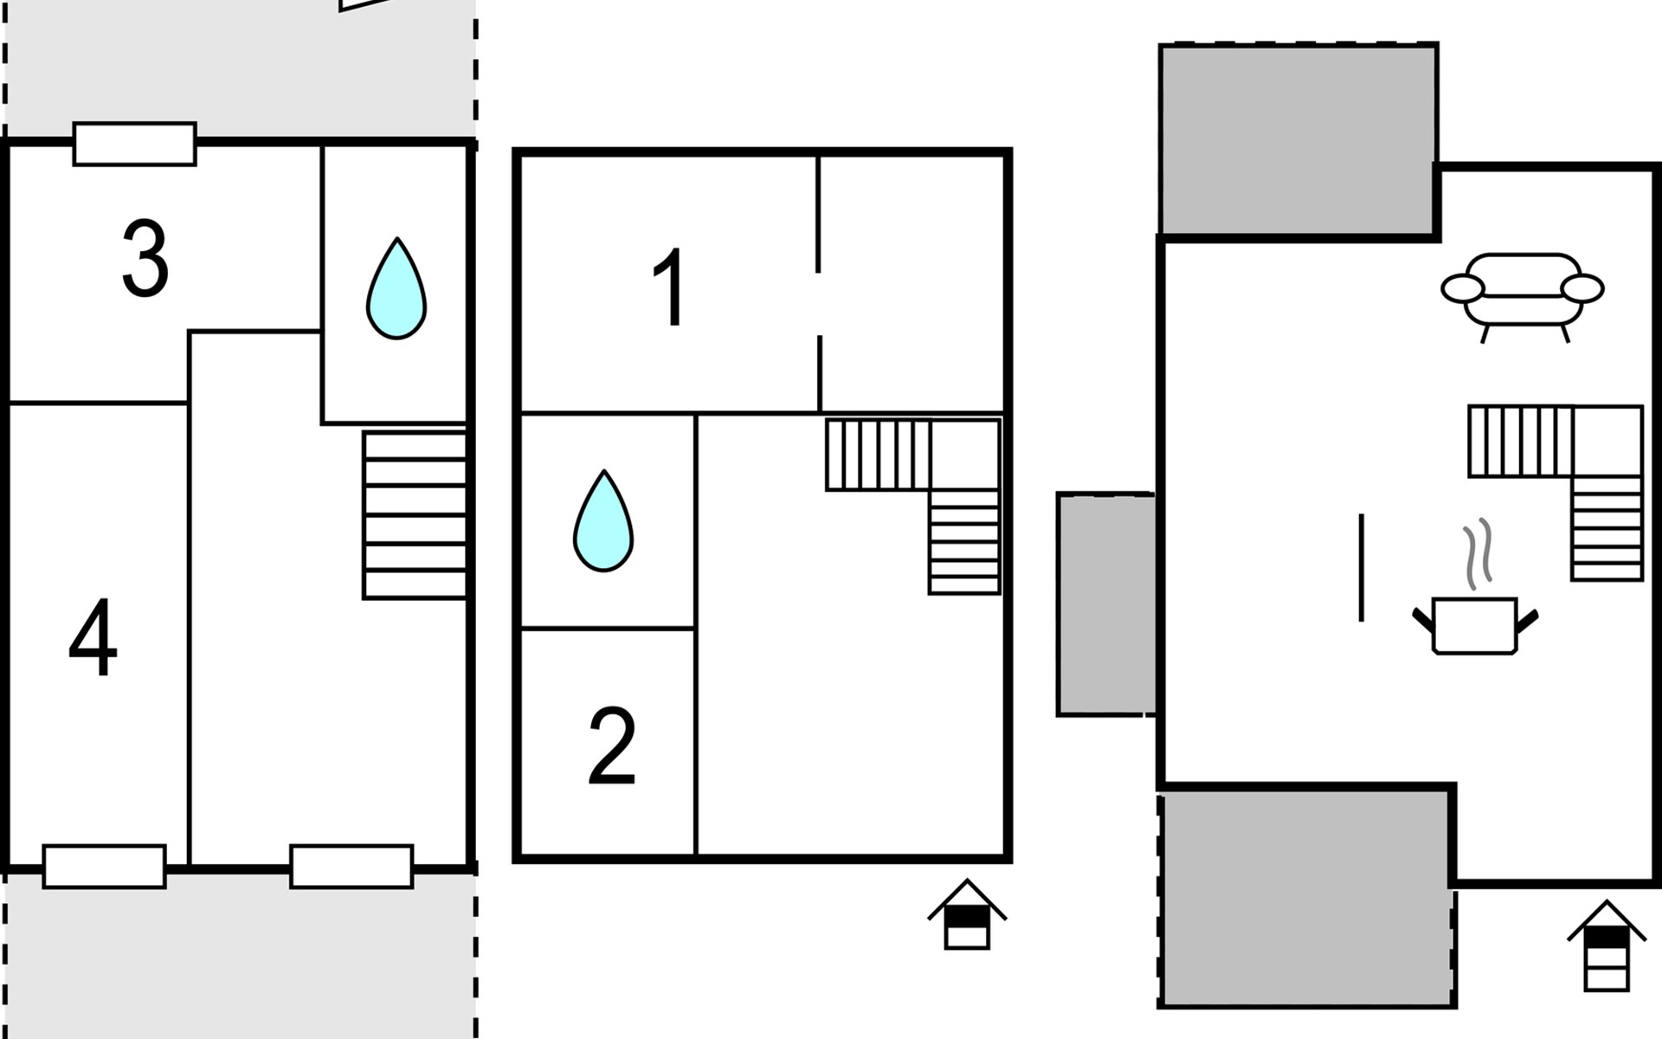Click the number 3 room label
pyautogui.click(x=145, y=258)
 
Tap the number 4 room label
pyautogui.click(x=93, y=637)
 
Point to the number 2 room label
pyautogui.click(x=612, y=745)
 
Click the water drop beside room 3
pyautogui.click(x=396, y=288)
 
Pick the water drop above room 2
pyautogui.click(x=603, y=520)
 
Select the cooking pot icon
pyautogui.click(x=1475, y=625)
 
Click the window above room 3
pyautogui.click(x=135, y=144)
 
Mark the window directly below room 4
pyautogui.click(x=105, y=867)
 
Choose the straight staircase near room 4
pyautogui.click(x=415, y=515)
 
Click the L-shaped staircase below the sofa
pyautogui.click(x=1556, y=493)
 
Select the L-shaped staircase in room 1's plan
pyautogui.click(x=913, y=507)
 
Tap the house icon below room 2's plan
pyautogui.click(x=967, y=914)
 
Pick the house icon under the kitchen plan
pyautogui.click(x=1607, y=945)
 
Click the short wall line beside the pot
pyautogui.click(x=1362, y=568)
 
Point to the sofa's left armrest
pyautogui.click(x=1462, y=288)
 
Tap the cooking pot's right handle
pyautogui.click(x=1527, y=621)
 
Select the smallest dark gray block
pyautogui.click(x=1106, y=604)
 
